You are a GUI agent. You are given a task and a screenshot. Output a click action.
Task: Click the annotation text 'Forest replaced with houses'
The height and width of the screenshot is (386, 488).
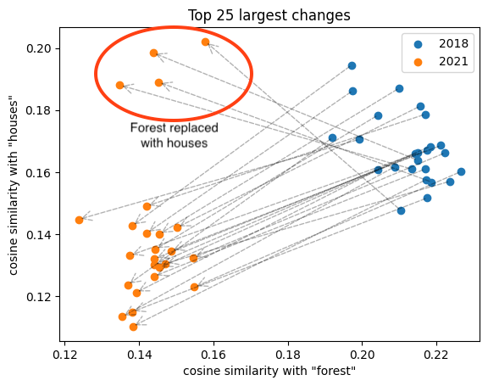pos(174,136)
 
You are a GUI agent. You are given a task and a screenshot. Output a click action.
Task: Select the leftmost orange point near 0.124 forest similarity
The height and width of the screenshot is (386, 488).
pos(79,220)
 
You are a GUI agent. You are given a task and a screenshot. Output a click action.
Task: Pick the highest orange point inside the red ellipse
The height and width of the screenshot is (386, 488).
pos(205,42)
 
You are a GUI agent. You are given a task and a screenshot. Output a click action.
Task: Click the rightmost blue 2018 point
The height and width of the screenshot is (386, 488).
pos(461,171)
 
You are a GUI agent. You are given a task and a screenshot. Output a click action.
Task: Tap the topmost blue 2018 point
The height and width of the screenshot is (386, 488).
pos(352,65)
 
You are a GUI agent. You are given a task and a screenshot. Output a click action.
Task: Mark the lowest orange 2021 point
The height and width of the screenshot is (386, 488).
pos(133,327)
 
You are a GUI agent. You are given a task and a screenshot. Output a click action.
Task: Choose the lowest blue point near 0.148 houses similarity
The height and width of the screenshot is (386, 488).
pos(401,210)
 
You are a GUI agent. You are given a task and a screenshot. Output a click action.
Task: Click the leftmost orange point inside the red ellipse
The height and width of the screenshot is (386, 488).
pos(119,85)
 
